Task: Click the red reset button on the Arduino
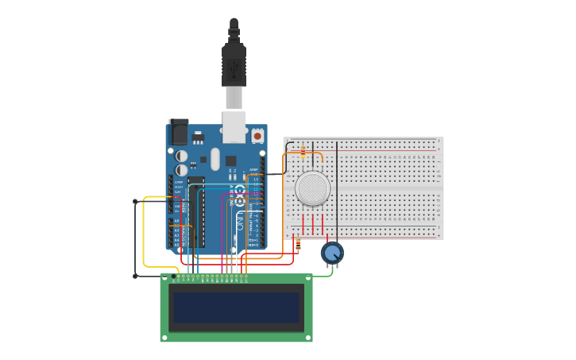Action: [x=257, y=137]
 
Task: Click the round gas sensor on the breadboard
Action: [x=312, y=188]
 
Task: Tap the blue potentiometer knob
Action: [x=332, y=253]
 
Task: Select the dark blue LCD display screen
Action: [x=236, y=308]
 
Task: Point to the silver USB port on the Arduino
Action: [x=234, y=127]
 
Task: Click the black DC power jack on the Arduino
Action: [x=179, y=132]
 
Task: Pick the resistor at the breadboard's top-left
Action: [x=303, y=151]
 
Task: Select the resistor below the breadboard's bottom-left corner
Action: [x=297, y=242]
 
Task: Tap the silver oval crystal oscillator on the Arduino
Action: [x=215, y=158]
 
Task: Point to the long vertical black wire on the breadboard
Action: [x=337, y=191]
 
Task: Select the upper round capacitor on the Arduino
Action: [x=182, y=156]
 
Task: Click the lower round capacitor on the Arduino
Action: [x=182, y=170]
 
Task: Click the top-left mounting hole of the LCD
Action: [x=164, y=279]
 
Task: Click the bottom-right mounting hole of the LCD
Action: [x=308, y=338]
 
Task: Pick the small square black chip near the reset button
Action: [x=230, y=161]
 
